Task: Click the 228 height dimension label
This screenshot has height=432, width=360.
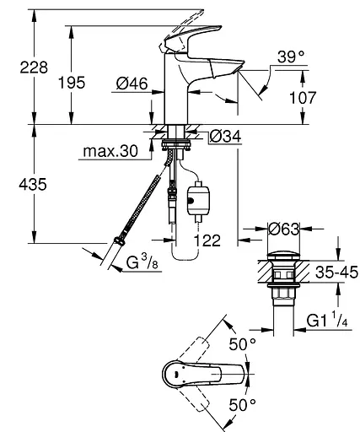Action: (x=34, y=67)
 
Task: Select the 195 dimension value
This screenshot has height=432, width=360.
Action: (x=72, y=83)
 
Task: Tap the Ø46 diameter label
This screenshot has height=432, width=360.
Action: (x=132, y=84)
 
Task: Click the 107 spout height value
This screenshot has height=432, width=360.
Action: (x=303, y=98)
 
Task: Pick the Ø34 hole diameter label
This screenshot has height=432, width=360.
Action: (x=225, y=137)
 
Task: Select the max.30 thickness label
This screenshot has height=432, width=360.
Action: (x=110, y=151)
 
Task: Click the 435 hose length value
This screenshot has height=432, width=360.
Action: (x=33, y=185)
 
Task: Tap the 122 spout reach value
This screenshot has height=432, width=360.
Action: (x=207, y=240)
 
